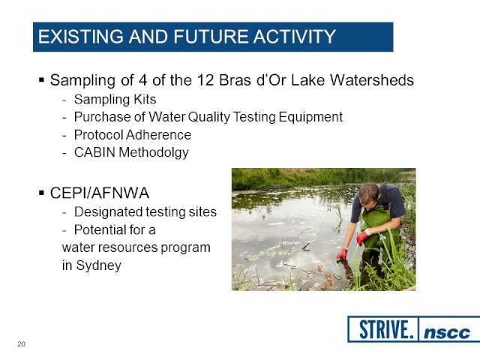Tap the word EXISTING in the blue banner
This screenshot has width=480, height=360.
pos(80,37)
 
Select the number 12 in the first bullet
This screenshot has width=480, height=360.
pos(205,80)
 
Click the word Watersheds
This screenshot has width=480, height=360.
pos(372,80)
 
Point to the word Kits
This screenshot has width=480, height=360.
pos(145,99)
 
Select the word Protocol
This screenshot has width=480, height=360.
pos(98,135)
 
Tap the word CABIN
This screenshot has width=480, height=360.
pos(94,152)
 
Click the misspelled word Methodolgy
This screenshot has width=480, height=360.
pos(154,153)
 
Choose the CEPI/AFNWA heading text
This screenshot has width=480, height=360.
pos(100,193)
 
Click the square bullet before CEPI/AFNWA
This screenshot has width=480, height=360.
pos(42,193)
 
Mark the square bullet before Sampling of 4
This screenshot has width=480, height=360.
pos(42,80)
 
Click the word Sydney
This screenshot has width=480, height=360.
pos(98,265)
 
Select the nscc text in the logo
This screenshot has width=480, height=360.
pos(447,333)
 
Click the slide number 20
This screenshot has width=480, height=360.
pos(22,344)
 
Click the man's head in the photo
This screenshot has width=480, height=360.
pos(369,194)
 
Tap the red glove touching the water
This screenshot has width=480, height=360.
pos(342,254)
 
